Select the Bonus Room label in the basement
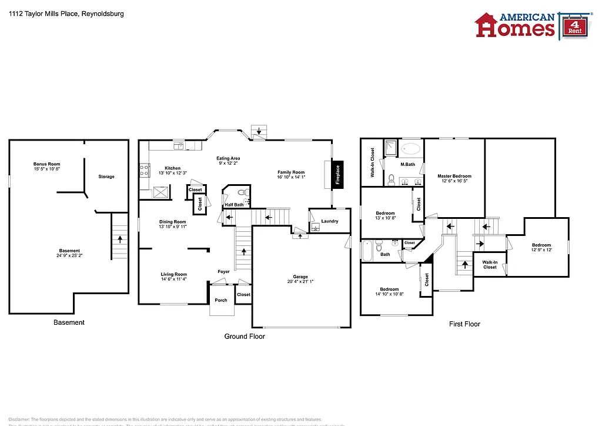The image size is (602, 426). click(x=46, y=164)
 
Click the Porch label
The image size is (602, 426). click(x=221, y=300)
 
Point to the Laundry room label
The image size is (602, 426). click(x=330, y=221)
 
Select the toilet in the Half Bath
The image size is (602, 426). click(x=242, y=192)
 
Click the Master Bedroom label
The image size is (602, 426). click(x=454, y=176)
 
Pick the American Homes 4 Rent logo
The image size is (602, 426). click(x=529, y=25)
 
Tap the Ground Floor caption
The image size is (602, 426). click(x=245, y=337)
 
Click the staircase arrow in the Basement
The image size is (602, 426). click(x=120, y=239)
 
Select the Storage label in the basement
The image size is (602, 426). click(x=106, y=177)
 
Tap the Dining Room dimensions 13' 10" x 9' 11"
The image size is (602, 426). click(x=172, y=227)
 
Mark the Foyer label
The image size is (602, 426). click(x=224, y=272)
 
